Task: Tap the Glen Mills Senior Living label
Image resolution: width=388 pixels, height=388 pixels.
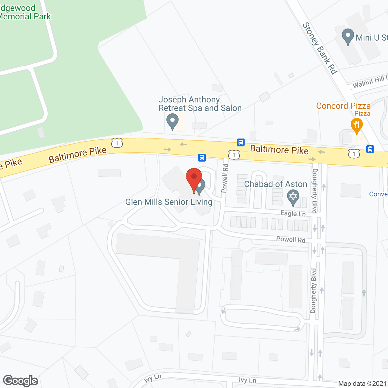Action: pyautogui.click(x=169, y=202)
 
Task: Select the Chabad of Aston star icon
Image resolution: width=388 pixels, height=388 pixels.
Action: pyautogui.click(x=293, y=196)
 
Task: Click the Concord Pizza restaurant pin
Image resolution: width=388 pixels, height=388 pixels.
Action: pyautogui.click(x=357, y=125)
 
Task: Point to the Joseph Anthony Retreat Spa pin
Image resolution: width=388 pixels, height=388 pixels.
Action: pyautogui.click(x=172, y=121)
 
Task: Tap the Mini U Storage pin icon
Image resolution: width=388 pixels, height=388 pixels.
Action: pyautogui.click(x=348, y=36)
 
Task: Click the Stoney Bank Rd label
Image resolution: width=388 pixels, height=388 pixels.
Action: pyautogui.click(x=320, y=48)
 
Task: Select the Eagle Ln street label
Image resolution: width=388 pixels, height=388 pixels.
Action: pyautogui.click(x=293, y=213)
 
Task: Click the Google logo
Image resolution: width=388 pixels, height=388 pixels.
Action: pyautogui.click(x=21, y=381)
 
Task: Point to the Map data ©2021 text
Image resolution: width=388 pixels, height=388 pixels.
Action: pyautogui.click(x=362, y=384)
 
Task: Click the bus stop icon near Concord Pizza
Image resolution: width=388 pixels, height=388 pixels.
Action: pyautogui.click(x=370, y=149)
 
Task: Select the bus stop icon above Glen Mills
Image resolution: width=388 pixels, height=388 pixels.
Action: pyautogui.click(x=202, y=157)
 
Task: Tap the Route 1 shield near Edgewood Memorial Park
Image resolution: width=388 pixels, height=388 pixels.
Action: pyautogui.click(x=117, y=143)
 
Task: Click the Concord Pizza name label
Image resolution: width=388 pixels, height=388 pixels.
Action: pyautogui.click(x=343, y=106)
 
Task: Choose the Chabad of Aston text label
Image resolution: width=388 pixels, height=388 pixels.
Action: pyautogui.click(x=276, y=184)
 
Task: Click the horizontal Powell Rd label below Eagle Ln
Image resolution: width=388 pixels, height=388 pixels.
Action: pyautogui.click(x=290, y=239)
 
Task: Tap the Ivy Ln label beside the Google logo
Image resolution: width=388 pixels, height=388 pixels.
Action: pyautogui.click(x=153, y=378)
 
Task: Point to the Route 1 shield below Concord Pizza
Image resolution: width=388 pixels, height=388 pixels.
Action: pyautogui.click(x=354, y=154)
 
